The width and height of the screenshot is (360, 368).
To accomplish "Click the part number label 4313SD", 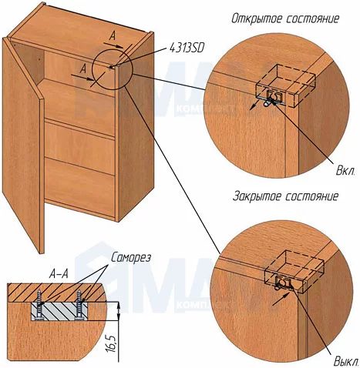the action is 187,49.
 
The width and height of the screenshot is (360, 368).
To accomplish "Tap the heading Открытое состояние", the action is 285,19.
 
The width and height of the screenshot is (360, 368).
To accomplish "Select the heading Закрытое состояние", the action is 285,197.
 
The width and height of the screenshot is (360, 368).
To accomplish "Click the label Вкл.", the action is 345,171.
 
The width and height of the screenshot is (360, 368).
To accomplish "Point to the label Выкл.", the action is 346,362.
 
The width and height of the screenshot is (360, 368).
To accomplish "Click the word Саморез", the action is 131,258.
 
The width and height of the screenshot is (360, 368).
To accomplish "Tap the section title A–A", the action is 59,275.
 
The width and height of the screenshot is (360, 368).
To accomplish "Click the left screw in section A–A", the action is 40,305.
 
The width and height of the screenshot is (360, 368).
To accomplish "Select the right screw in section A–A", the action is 79,305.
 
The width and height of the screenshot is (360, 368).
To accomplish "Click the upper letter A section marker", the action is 112,36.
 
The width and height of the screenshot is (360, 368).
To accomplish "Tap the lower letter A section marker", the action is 83,69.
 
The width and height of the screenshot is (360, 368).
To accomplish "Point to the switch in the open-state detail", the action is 271,99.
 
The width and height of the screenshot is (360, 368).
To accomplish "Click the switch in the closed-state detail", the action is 281,283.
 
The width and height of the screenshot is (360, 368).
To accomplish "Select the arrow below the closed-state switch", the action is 281,299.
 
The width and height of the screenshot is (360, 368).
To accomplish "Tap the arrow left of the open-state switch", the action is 254,105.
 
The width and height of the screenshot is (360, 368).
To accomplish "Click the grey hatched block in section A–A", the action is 59,311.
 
